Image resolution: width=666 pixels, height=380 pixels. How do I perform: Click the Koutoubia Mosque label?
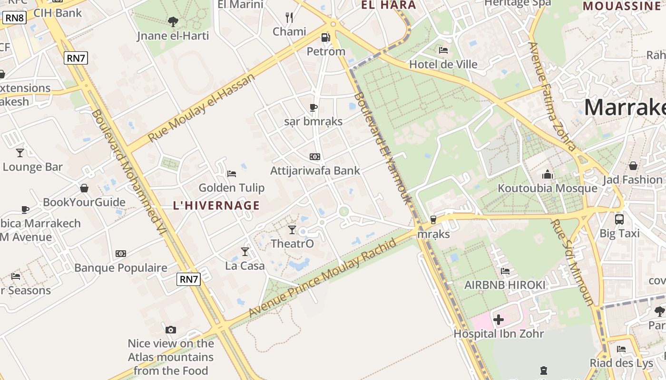(547, 188)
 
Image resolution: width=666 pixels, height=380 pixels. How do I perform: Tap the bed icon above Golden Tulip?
(232, 174)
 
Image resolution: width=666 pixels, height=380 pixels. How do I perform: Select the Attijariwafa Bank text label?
(315, 170)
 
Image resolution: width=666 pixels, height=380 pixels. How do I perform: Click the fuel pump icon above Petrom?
(325, 37)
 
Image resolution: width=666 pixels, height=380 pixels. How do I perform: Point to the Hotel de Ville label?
(443, 64)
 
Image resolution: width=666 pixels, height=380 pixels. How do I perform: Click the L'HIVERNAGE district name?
(216, 206)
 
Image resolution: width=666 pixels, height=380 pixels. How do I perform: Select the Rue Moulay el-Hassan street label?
(202, 108)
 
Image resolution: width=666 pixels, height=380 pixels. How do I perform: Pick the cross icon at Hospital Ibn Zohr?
(498, 320)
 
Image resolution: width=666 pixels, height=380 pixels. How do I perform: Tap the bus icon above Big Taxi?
(619, 219)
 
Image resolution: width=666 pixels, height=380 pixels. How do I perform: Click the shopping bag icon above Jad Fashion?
(633, 166)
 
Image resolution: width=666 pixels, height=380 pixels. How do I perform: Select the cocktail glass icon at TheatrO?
(292, 230)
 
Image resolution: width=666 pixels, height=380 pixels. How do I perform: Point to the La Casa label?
(245, 266)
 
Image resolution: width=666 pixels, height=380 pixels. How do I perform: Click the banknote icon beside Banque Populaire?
(121, 254)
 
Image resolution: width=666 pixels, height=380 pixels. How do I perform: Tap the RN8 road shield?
(14, 18)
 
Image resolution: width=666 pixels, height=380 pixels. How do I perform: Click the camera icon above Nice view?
(171, 330)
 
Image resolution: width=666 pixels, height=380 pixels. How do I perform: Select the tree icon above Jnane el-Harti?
(173, 21)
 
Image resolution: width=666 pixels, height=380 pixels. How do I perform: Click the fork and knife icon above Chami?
(289, 18)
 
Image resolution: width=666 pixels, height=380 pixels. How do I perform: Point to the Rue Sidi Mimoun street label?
(573, 262)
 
